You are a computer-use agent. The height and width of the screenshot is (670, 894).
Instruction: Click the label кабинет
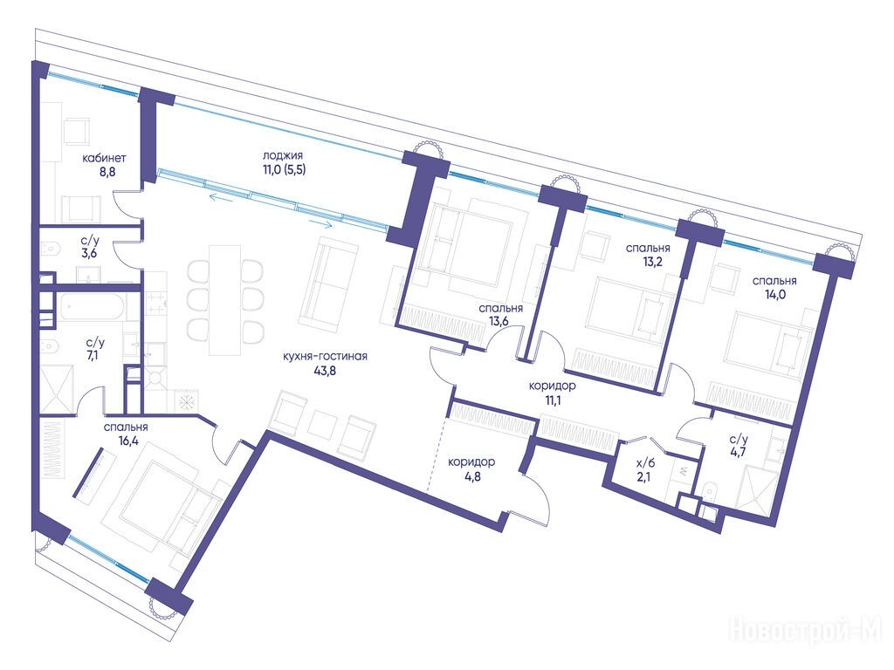pos(104,158)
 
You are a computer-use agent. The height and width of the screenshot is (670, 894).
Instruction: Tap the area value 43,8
pos(325,370)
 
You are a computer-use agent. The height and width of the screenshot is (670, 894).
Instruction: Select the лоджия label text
pos(282,155)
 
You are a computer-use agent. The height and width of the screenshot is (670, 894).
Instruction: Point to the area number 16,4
pos(126,441)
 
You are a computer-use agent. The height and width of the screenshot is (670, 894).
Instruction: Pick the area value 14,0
pos(774,295)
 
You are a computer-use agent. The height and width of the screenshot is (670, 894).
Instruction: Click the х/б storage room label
pos(647,463)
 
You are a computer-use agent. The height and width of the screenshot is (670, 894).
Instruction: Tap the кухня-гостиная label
pos(325,357)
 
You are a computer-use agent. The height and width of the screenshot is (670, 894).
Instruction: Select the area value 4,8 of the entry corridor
pos(472,475)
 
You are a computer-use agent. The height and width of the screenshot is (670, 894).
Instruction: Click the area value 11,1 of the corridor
pos(552,400)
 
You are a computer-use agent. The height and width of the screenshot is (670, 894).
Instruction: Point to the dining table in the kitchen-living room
pos(225,299)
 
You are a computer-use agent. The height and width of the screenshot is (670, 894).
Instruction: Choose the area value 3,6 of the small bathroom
pos(89,254)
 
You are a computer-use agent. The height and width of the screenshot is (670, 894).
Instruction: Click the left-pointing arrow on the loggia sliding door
pos(223,197)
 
